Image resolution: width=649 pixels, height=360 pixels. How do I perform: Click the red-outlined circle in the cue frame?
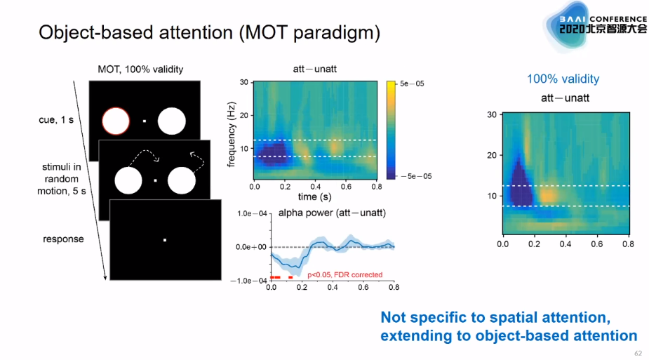pyautogui.click(x=116, y=121)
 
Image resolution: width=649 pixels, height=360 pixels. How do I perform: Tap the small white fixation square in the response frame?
pyautogui.click(x=165, y=241)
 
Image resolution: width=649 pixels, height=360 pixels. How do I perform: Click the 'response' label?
pyautogui.click(x=63, y=239)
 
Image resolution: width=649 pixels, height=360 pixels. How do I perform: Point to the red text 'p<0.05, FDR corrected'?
pyautogui.click(x=345, y=275)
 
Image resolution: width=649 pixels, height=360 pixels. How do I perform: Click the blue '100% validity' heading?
pyautogui.click(x=563, y=79)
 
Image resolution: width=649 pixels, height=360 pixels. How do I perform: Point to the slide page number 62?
pyautogui.click(x=638, y=352)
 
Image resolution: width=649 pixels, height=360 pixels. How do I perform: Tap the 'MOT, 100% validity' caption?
pyautogui.click(x=141, y=69)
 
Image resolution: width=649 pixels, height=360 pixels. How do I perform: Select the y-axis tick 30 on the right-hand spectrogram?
pyautogui.click(x=491, y=114)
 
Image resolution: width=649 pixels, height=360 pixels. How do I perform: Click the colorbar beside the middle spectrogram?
pyautogui.click(x=391, y=129)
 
